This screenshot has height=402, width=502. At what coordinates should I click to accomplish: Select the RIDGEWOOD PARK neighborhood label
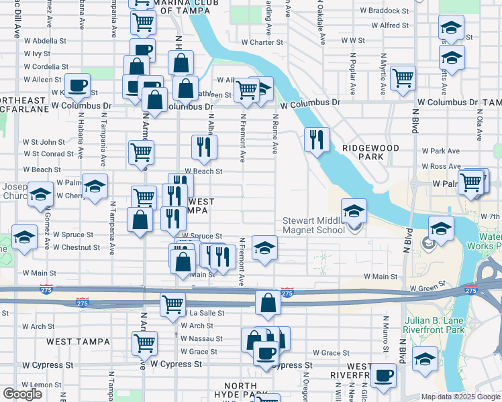370,152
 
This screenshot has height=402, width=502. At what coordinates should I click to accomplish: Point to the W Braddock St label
384,11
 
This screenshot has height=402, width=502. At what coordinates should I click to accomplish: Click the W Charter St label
262,42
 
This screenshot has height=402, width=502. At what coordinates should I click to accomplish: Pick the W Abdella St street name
45,40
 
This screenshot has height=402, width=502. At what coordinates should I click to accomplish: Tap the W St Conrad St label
44,154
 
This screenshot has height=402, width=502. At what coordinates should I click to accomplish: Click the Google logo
22,394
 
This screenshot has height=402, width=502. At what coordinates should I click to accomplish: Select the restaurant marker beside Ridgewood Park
317,140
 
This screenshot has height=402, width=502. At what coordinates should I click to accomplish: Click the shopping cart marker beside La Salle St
172,304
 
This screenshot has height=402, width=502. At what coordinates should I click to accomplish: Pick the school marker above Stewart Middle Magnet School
354,210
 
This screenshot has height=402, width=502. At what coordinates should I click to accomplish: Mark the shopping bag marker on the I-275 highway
268,302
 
